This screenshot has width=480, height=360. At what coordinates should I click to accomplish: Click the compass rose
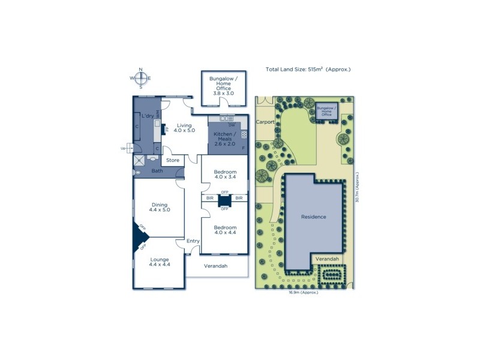tap(140, 78)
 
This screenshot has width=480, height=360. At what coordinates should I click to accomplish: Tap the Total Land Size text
tap(308, 70)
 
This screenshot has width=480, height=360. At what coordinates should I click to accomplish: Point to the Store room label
tap(173, 160)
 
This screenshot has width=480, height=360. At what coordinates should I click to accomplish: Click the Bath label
tap(157, 171)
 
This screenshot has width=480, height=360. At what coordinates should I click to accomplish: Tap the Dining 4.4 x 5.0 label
tap(160, 207)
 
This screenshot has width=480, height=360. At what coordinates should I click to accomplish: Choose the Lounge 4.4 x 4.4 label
tap(160, 262)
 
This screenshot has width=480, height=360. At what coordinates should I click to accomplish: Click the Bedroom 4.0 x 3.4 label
tap(225, 175)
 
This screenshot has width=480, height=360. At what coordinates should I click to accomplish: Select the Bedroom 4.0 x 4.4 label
tap(225, 230)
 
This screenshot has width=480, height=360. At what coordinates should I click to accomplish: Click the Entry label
tap(193, 241)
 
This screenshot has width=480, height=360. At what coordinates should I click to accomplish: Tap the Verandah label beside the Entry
tap(215, 266)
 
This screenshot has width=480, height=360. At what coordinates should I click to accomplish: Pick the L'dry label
tap(148, 116)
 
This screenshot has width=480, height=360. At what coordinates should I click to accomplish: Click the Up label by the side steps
tap(124, 148)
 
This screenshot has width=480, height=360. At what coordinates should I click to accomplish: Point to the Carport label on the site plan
tap(265, 122)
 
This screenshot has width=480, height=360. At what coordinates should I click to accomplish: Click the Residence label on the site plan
tap(314, 217)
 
